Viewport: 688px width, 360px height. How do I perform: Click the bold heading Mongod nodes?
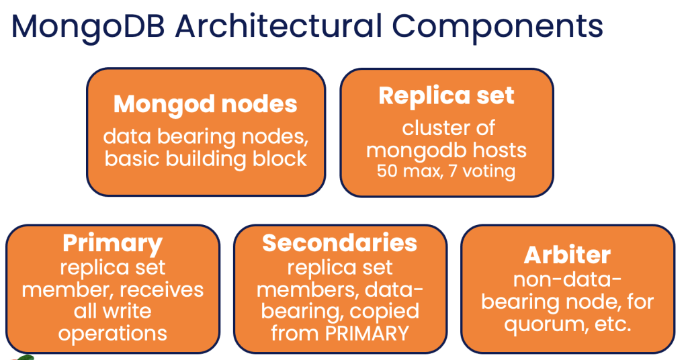click(x=206, y=104)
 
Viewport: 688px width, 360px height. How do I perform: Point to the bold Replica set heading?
click(x=446, y=95)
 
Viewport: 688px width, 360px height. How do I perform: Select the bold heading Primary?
click(x=113, y=243)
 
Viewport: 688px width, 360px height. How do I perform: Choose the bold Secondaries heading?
click(x=339, y=242)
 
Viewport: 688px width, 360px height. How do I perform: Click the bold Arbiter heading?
click(x=567, y=255)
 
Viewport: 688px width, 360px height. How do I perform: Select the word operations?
click(x=112, y=332)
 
